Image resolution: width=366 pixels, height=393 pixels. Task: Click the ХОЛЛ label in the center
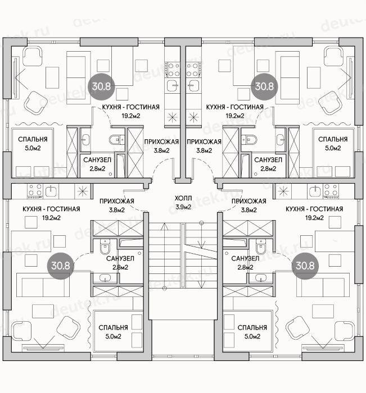tap(183, 198)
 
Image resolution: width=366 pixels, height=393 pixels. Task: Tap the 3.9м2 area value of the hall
tap(183, 207)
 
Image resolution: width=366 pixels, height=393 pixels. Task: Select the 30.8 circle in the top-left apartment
tap(101, 86)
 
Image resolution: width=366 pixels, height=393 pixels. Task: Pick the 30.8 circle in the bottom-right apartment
tap(305, 266)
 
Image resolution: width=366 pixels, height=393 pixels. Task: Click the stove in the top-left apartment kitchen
tap(172, 70)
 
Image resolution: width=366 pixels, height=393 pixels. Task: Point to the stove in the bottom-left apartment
tap(35, 191)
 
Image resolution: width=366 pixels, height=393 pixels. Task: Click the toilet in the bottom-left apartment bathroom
tap(105, 246)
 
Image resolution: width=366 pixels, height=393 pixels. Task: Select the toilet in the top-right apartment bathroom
tap(249, 139)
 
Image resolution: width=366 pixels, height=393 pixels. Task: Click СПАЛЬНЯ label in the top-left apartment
tap(33, 139)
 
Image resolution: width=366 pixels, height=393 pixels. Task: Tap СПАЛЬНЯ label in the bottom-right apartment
tap(252, 327)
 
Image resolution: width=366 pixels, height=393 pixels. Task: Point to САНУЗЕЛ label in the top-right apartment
tap(268, 160)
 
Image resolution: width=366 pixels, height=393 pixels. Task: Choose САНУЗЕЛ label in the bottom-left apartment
tap(120, 258)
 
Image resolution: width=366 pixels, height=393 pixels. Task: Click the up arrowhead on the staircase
tap(164, 225)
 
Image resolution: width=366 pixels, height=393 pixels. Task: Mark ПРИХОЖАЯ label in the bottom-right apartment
tap(248, 201)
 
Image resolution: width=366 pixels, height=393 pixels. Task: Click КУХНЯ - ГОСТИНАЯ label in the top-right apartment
tap(234, 107)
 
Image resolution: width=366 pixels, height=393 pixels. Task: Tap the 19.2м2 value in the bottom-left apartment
tap(51, 218)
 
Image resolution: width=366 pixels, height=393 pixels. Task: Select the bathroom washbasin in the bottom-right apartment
tap(260, 278)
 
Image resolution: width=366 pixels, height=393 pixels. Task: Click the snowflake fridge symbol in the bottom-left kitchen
tap(82, 191)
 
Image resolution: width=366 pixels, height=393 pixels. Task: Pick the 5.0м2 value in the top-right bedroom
tap(333, 148)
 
